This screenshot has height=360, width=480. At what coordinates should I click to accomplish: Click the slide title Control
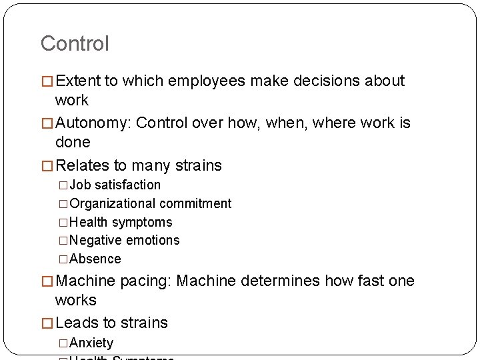pos(75,44)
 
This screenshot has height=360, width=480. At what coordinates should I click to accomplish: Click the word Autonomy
pos(93,123)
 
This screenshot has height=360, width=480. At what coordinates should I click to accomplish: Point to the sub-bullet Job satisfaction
pos(115,185)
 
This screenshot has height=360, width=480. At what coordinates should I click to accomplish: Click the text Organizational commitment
pos(150,203)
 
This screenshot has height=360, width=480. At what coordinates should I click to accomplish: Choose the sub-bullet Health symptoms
pos(121,222)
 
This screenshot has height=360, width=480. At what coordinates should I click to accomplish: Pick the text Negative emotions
pos(124,240)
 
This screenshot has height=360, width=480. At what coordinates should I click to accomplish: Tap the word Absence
pos(95,259)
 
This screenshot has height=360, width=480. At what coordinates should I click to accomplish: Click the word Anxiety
pos(91,343)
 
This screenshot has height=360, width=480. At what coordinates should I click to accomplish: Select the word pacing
pos(145,281)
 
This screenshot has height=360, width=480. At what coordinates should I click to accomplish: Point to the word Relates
pos(83,165)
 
